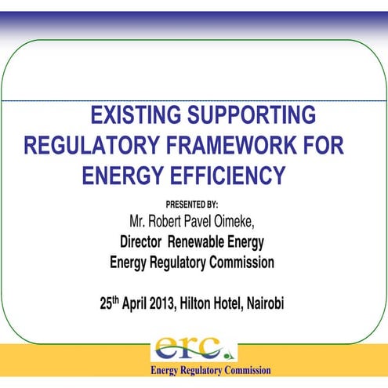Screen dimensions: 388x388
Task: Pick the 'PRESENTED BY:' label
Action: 192,204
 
